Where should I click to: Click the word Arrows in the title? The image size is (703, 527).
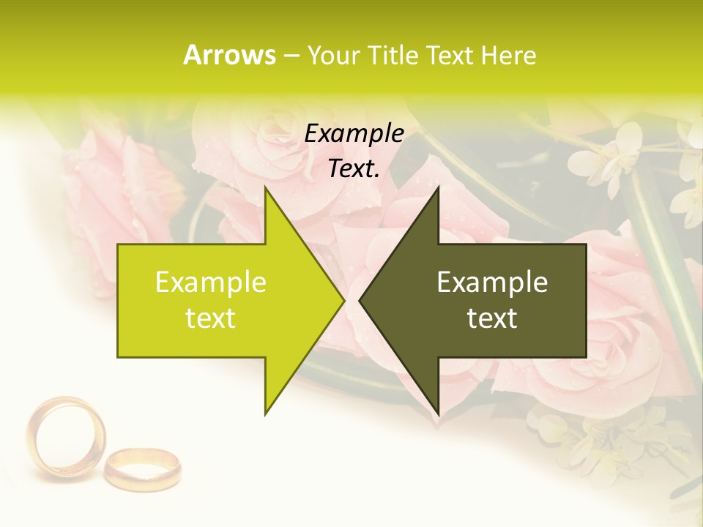coord(229,55)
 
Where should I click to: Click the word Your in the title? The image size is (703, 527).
coord(334,55)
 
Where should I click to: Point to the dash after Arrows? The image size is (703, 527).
coord(291,56)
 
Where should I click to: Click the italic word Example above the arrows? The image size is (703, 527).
coord(354,133)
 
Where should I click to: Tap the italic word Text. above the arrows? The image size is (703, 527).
coord(354,168)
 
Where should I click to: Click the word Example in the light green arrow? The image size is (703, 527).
coord(211,282)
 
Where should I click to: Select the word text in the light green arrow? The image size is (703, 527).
coord(211,318)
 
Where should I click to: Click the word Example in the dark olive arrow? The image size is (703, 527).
coord(492,282)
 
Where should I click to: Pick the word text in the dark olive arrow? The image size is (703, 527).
coord(492,318)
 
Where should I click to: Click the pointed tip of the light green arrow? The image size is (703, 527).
coord(343,300)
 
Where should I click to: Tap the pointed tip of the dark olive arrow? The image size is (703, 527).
coord(360,300)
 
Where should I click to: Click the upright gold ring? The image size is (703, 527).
coord(66,437)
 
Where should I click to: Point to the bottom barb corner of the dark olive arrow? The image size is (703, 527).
coord(438,415)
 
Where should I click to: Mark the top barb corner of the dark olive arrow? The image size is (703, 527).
coord(438,187)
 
